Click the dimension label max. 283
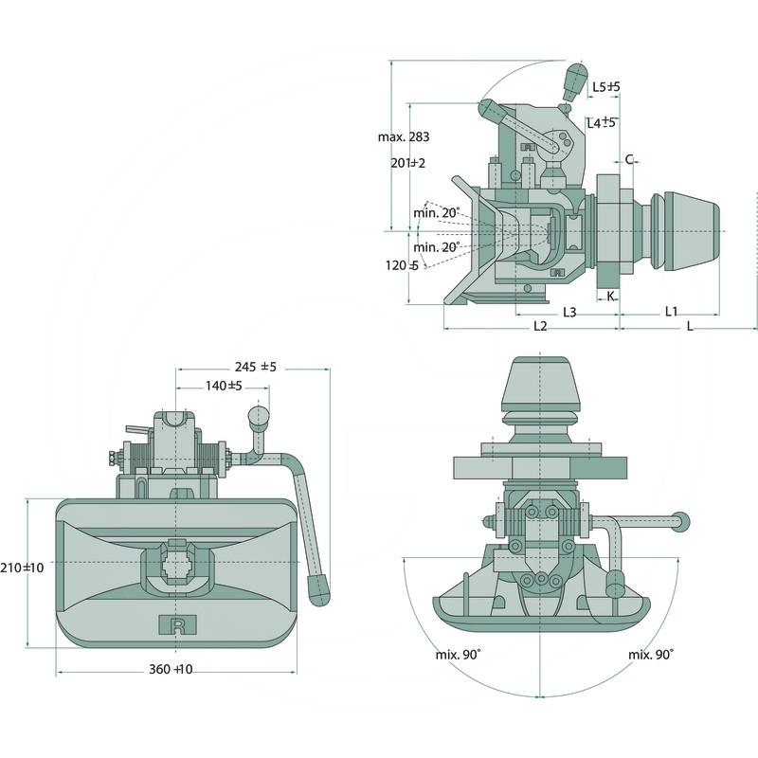pyautogui.click(x=403, y=137)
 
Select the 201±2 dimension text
pyautogui.click(x=407, y=163)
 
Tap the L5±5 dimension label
pyautogui.click(x=605, y=88)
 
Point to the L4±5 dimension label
pyautogui.click(x=601, y=122)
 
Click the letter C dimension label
pyautogui.click(x=629, y=160)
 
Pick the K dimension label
pyautogui.click(x=610, y=297)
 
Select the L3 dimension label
pyautogui.click(x=570, y=312)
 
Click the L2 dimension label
pyautogui.click(x=540, y=326)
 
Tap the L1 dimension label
pyautogui.click(x=671, y=311)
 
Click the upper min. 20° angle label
pyautogui.click(x=437, y=212)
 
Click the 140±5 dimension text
pyautogui.click(x=224, y=386)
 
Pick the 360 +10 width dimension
pyautogui.click(x=171, y=670)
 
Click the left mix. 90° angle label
pyautogui.click(x=458, y=655)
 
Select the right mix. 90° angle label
pyautogui.click(x=650, y=655)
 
